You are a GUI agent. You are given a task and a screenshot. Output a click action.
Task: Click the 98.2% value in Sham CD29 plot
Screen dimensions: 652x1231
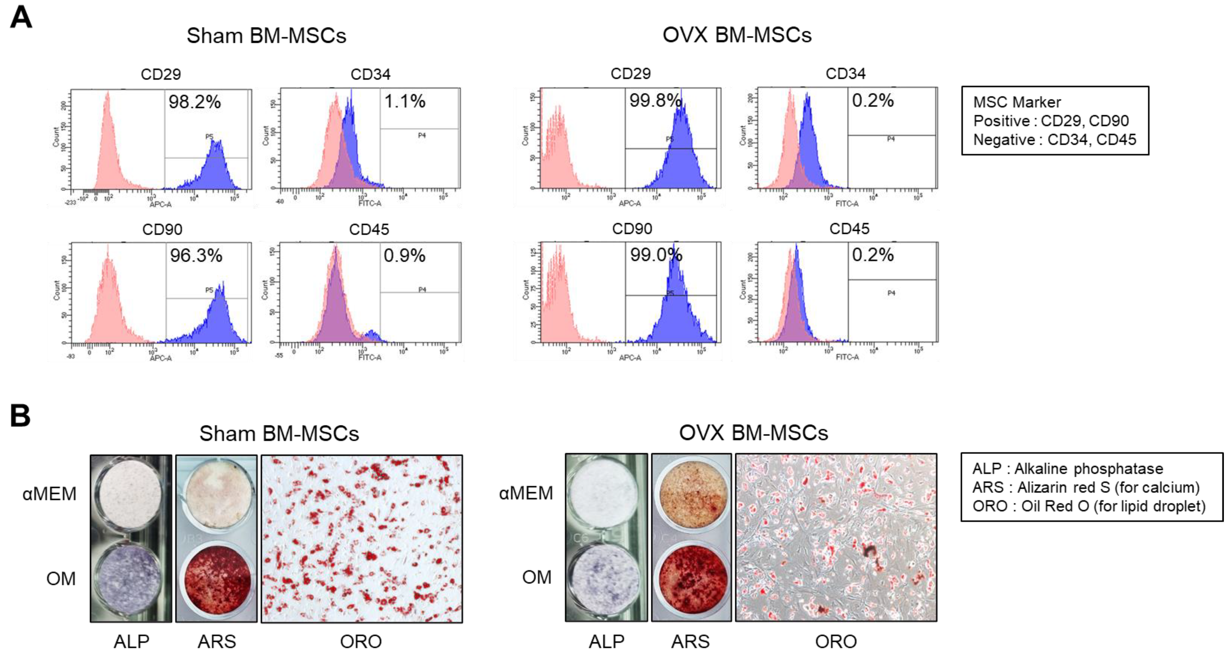pyautogui.click(x=194, y=102)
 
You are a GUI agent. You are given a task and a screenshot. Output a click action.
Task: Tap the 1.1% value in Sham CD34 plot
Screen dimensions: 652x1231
pyautogui.click(x=404, y=101)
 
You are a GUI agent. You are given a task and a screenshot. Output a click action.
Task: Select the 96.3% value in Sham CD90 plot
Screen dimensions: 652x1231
pyautogui.click(x=196, y=256)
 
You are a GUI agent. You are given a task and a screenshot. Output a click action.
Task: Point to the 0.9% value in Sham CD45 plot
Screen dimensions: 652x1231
pyautogui.click(x=404, y=256)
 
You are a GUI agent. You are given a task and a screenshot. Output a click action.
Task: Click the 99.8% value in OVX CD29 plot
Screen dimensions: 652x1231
pyautogui.click(x=655, y=100)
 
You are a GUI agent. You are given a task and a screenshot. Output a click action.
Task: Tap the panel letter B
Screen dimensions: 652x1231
pyautogui.click(x=20, y=416)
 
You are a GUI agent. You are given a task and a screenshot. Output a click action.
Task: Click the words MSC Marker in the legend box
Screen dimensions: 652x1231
pyautogui.click(x=1017, y=102)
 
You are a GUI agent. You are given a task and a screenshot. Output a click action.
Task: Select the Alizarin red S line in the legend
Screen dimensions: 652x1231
pyautogui.click(x=1086, y=487)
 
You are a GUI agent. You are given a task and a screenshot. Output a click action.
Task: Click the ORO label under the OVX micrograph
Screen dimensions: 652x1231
pyautogui.click(x=836, y=641)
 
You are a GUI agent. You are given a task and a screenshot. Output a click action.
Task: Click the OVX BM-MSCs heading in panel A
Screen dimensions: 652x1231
pyautogui.click(x=737, y=35)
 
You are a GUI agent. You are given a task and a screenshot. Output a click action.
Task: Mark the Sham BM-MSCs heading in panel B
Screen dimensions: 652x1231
pyautogui.click(x=279, y=433)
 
